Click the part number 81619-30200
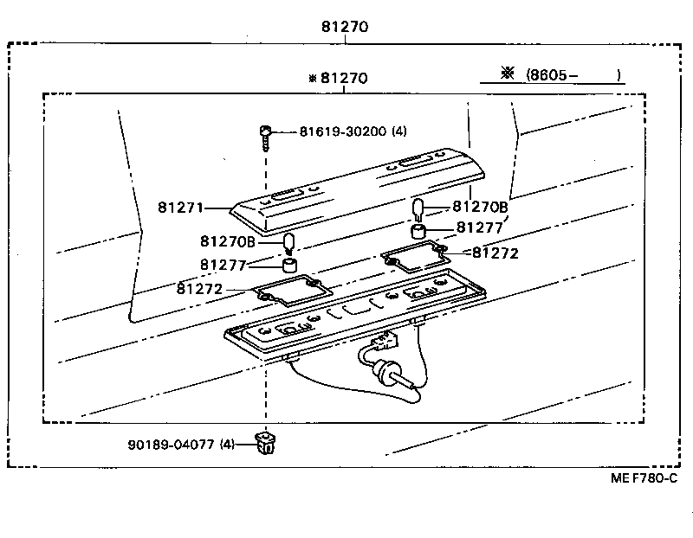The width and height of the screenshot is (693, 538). click(x=342, y=131)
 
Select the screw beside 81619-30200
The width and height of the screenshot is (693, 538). click(x=263, y=135)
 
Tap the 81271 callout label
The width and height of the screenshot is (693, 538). click(x=180, y=208)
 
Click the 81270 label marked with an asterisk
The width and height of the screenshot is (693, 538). click(x=339, y=79)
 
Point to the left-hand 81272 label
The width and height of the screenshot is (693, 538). click(x=201, y=288)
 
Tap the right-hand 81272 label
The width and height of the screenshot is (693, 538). click(x=494, y=253)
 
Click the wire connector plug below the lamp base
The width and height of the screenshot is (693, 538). click(x=384, y=368)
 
